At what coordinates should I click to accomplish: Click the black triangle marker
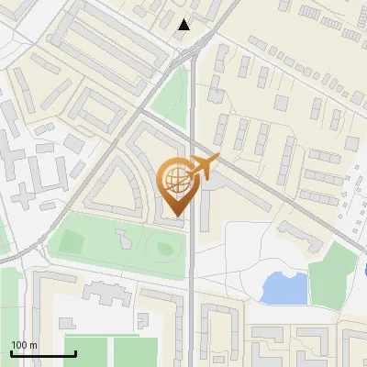[184, 25]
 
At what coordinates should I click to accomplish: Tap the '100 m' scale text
[24, 345]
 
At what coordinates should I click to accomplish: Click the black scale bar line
[43, 354]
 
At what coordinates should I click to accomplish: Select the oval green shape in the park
[163, 246]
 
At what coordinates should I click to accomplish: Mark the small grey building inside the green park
[122, 240]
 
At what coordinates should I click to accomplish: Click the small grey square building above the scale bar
[67, 324]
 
